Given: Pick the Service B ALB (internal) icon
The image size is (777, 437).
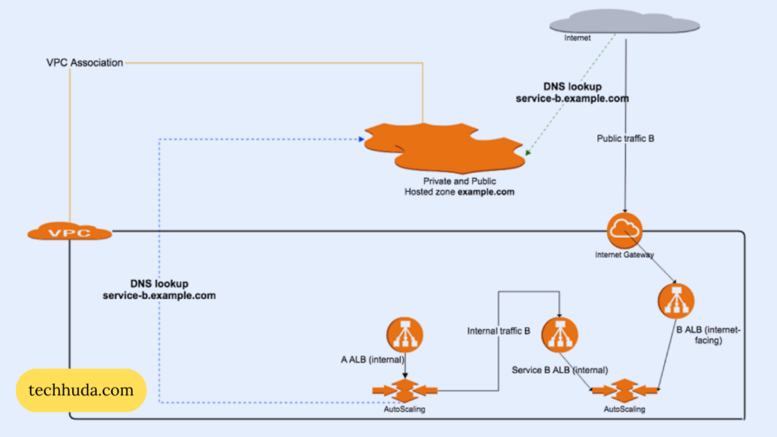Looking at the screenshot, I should click(559, 335).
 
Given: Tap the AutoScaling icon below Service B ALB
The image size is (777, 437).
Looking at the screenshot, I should click(624, 391).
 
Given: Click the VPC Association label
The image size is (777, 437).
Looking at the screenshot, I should click(84, 63).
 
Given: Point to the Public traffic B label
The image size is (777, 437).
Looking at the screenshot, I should click(625, 140).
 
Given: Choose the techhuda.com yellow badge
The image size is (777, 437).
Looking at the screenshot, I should click(80, 391).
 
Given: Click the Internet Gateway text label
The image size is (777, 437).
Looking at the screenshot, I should click(624, 255).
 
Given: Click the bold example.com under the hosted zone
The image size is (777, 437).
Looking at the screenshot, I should click(486, 192).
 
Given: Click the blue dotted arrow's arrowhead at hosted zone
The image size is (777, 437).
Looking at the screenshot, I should click(360, 139).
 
